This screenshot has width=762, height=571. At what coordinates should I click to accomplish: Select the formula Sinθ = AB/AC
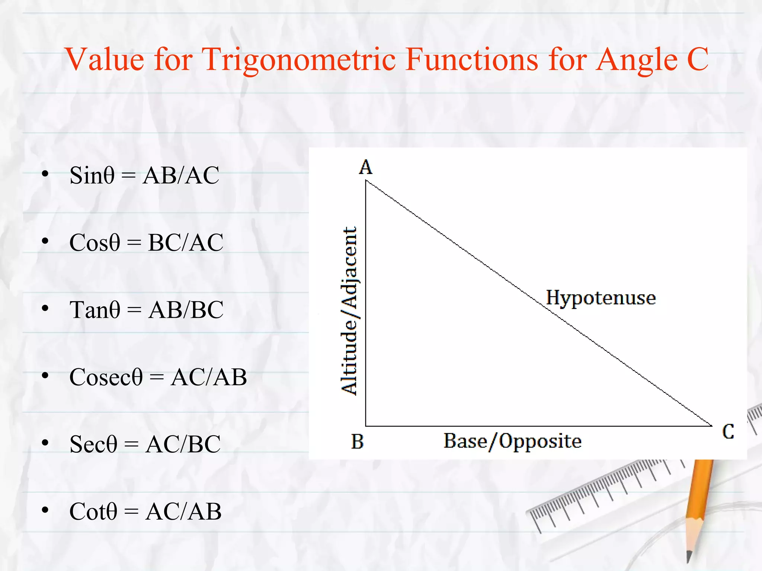pyautogui.click(x=144, y=175)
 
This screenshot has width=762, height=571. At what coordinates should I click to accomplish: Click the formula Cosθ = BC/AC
pyautogui.click(x=146, y=242)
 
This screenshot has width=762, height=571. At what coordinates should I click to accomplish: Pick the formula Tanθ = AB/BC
pyautogui.click(x=146, y=310)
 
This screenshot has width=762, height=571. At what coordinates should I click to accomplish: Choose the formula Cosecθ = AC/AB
pyautogui.click(x=158, y=377)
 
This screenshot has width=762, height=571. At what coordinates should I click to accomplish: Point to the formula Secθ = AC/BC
pyautogui.click(x=145, y=444)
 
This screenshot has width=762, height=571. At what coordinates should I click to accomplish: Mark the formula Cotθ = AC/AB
pyautogui.click(x=145, y=511)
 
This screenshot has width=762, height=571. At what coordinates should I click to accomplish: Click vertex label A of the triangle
pyautogui.click(x=365, y=167)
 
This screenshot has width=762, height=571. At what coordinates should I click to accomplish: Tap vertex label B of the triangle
pyautogui.click(x=357, y=442)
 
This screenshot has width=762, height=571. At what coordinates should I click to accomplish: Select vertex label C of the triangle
pyautogui.click(x=728, y=432)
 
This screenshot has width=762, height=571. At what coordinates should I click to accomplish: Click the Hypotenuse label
pyautogui.click(x=601, y=298)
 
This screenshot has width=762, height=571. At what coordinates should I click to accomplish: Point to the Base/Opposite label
pyautogui.click(x=512, y=441)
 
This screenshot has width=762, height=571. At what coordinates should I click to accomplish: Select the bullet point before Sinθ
pyautogui.click(x=45, y=174)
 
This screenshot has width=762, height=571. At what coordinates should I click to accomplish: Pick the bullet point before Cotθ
pyautogui.click(x=45, y=510)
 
